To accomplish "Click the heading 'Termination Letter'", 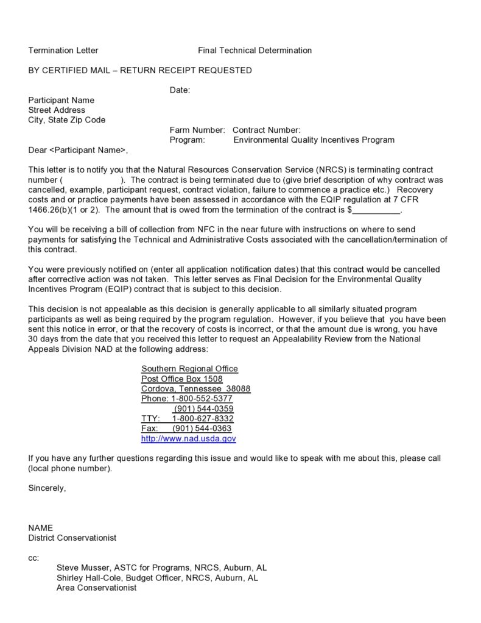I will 63,51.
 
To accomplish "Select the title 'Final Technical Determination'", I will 255,51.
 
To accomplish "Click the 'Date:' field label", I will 180,90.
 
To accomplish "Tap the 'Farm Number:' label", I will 197,130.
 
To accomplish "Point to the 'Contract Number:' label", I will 267,130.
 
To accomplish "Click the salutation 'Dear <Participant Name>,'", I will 79,150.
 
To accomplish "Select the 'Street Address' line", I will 57,110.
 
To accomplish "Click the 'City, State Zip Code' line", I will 67,120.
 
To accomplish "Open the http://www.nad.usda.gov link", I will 189,438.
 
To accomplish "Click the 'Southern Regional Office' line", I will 189,369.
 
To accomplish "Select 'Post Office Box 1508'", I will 182,379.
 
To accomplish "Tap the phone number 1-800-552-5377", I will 202,399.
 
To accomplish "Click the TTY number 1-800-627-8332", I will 203,419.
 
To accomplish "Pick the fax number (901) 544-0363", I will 202,429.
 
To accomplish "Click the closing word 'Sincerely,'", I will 47,488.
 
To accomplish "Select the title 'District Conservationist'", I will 72,538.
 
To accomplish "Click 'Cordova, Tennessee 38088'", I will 195,389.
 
